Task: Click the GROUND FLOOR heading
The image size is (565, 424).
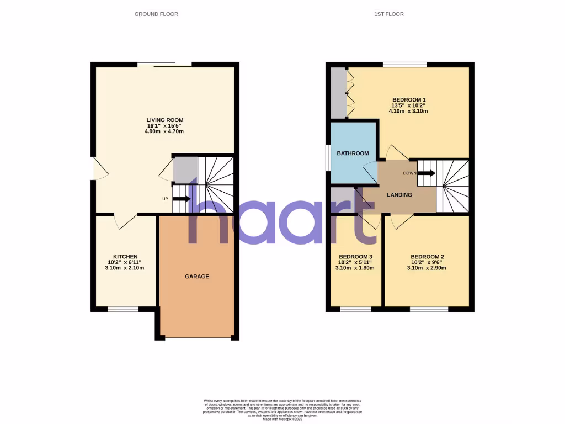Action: tap(156, 14)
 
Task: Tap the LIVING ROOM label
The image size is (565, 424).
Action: tap(164, 120)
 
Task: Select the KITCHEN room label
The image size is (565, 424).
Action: tap(125, 257)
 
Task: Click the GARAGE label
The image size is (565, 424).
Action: tap(197, 276)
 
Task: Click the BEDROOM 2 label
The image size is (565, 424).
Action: tap(427, 257)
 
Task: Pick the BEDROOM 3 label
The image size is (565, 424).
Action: tap(355, 257)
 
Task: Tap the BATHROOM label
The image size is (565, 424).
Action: tap(353, 153)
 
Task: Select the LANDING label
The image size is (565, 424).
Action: tap(400, 194)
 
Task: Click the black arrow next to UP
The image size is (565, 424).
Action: tap(182, 199)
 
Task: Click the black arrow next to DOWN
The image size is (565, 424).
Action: tap(427, 173)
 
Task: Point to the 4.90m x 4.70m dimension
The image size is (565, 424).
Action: tap(164, 131)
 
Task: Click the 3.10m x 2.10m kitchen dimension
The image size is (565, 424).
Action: tap(125, 268)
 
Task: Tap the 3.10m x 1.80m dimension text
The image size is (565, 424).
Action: tap(355, 268)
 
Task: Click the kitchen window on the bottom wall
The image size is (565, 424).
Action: tap(123, 309)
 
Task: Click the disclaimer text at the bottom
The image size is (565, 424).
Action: tap(282, 410)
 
